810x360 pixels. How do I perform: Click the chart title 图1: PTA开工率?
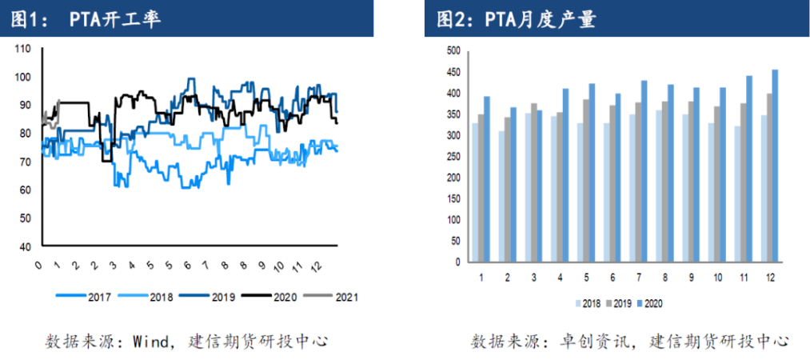click(86, 18)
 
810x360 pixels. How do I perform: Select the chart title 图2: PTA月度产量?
click(516, 18)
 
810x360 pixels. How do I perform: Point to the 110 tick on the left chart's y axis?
click(23, 49)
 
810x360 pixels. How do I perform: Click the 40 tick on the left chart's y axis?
click(26, 246)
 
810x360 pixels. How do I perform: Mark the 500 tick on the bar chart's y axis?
click(453, 51)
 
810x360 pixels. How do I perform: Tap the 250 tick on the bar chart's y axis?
click(453, 157)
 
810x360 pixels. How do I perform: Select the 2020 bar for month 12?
click(774, 166)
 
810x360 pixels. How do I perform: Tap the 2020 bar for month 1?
click(487, 179)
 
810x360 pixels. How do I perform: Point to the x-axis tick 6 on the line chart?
click(187, 265)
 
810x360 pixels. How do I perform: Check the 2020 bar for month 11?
click(748, 169)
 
